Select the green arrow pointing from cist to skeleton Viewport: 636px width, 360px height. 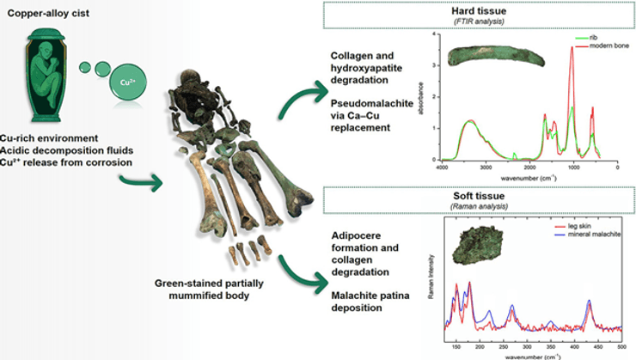[142, 180]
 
